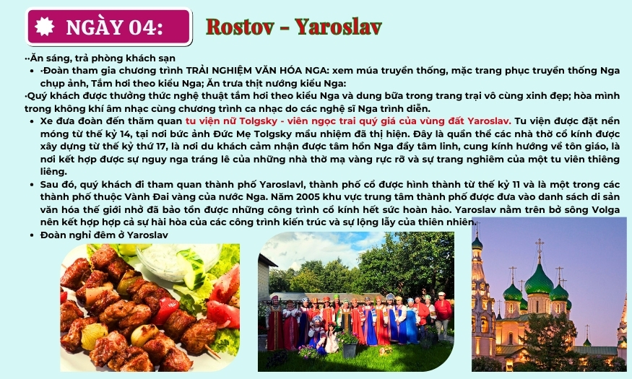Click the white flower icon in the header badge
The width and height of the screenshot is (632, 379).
(x=44, y=27)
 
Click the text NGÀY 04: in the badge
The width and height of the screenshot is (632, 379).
(x=114, y=27)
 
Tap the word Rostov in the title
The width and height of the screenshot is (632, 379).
(x=240, y=27)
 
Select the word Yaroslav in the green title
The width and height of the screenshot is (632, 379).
(x=338, y=27)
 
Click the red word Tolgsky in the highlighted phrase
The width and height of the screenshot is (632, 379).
(x=255, y=121)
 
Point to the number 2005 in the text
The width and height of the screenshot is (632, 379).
(x=308, y=196)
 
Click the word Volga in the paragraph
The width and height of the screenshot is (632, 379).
(x=605, y=209)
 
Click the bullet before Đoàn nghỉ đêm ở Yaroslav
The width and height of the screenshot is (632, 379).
(x=32, y=235)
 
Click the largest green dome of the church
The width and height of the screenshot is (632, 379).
(x=539, y=281)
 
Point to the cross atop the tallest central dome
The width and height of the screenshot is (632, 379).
(x=540, y=246)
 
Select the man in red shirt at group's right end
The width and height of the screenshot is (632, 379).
(x=443, y=314)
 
